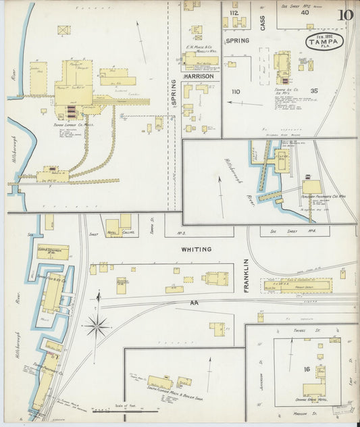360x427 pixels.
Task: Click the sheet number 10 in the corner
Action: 346,15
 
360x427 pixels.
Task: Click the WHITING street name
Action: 196,249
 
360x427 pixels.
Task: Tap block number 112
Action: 234,13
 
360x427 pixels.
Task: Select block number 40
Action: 305,12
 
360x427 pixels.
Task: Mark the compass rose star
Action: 97,327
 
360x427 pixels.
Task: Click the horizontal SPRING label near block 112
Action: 237,41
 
